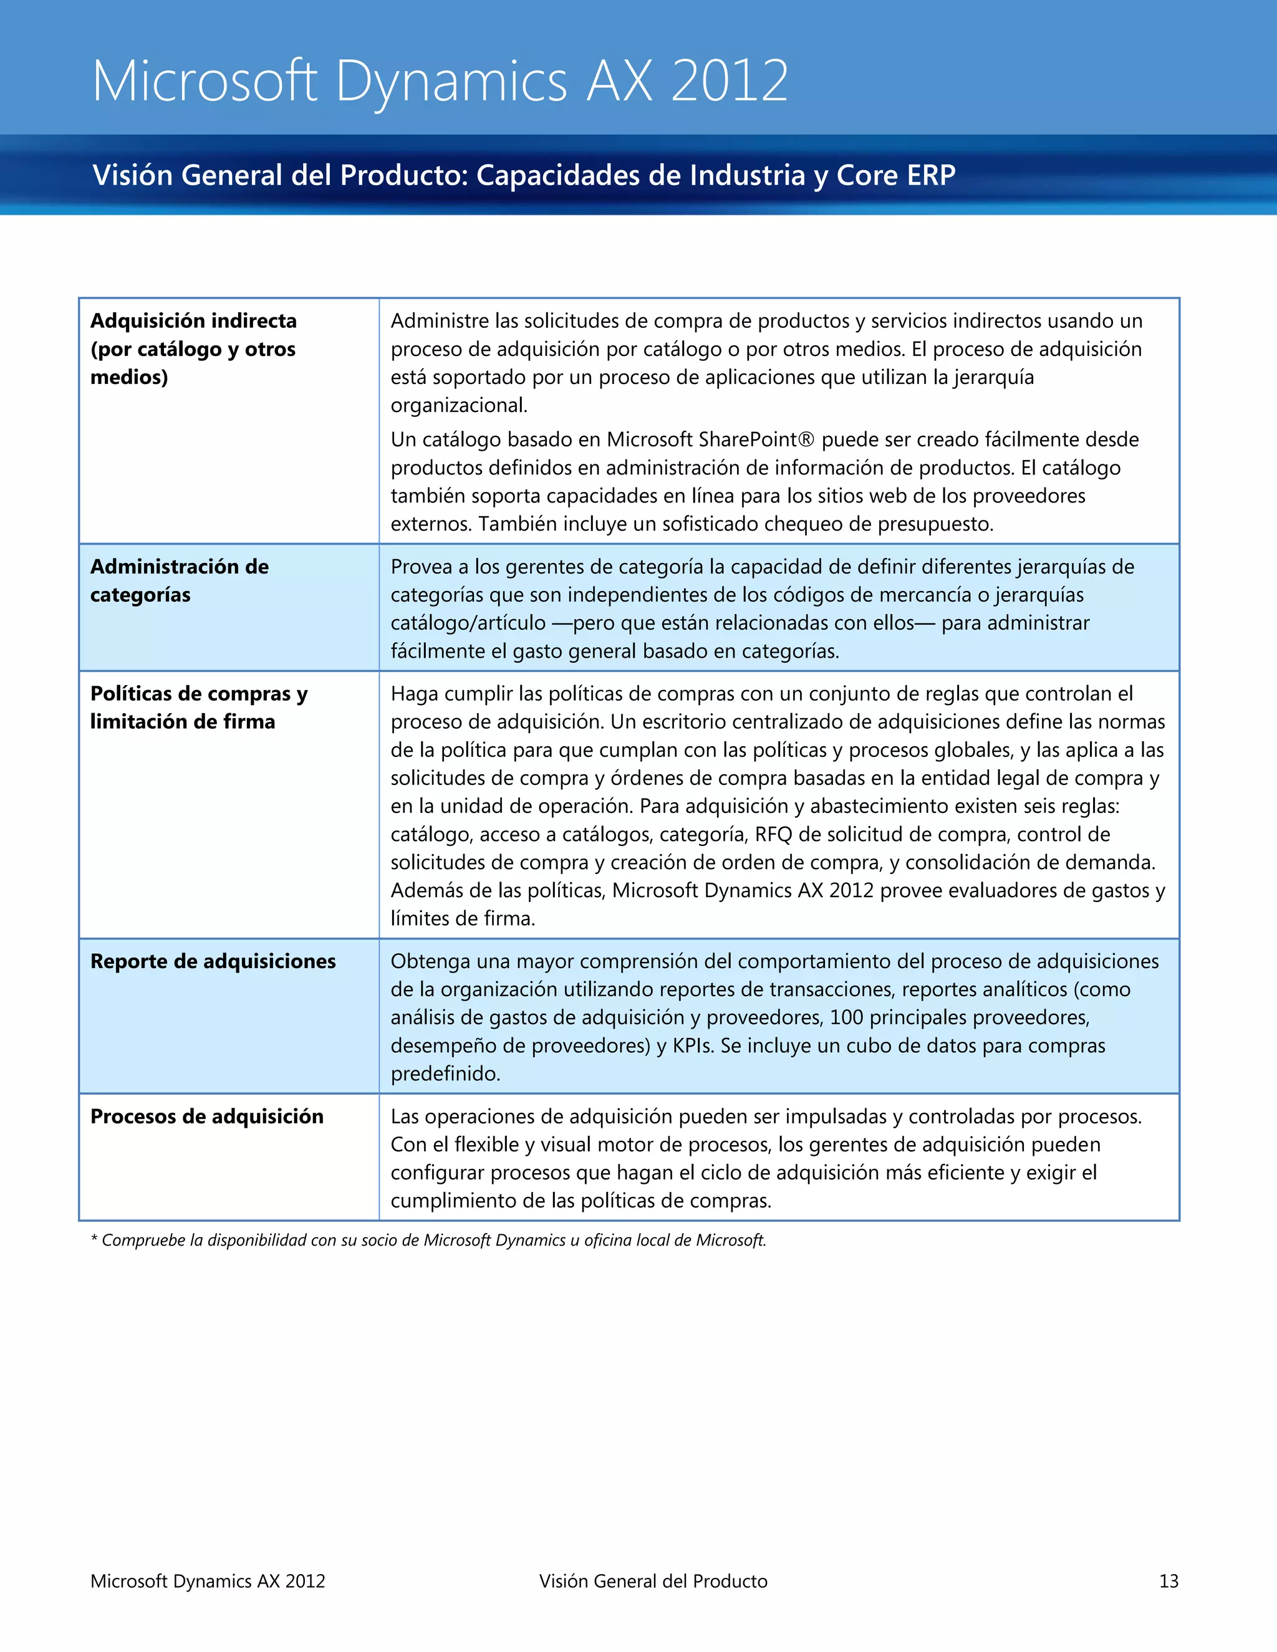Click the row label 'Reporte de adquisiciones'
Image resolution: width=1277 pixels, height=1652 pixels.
click(213, 961)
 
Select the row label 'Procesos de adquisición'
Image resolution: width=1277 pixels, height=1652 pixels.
click(206, 1117)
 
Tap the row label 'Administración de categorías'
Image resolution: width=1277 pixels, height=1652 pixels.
click(180, 580)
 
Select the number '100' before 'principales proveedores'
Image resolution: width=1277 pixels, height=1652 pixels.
click(846, 1017)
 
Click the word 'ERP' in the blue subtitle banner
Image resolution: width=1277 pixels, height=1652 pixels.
click(932, 176)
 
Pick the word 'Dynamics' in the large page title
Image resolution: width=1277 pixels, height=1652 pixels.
click(451, 81)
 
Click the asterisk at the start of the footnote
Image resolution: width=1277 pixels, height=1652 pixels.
click(94, 1241)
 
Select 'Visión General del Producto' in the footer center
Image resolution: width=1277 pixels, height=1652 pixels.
click(653, 1581)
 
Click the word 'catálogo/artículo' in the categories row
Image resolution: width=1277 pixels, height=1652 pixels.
click(468, 623)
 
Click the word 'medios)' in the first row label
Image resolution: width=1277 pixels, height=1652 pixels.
click(128, 377)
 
